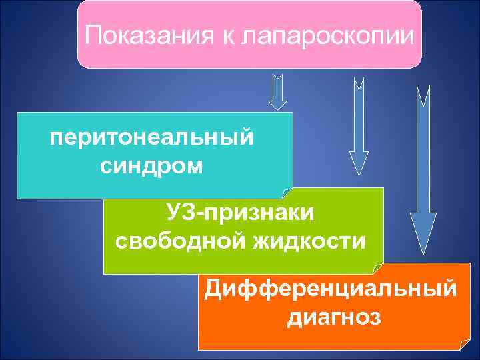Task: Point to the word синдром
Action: tap(152, 164)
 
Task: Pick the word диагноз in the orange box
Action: tap(334, 316)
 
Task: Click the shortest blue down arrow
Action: tap(278, 92)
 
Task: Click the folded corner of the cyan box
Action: tap(288, 193)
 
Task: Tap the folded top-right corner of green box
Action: tap(379, 193)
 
